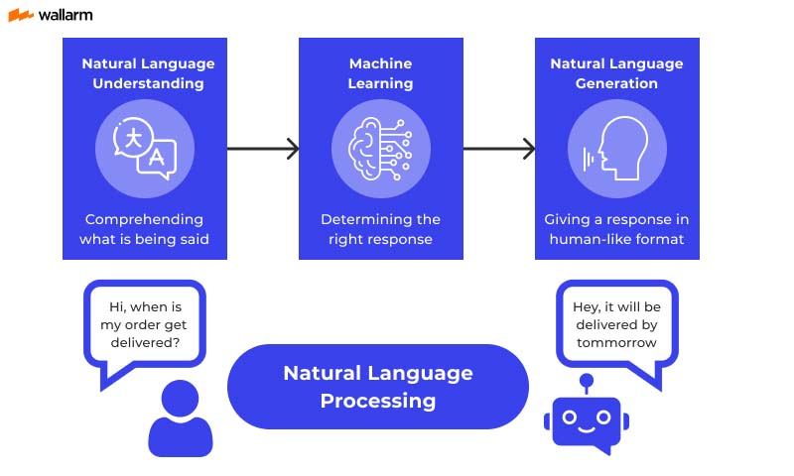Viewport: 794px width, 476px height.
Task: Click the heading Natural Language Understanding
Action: pyautogui.click(x=148, y=73)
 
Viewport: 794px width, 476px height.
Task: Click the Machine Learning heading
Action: pyautogui.click(x=380, y=73)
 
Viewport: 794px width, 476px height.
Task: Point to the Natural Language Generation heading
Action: pyautogui.click(x=616, y=73)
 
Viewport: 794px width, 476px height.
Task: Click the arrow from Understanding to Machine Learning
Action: pyautogui.click(x=263, y=149)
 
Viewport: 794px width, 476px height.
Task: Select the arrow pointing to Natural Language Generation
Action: pyautogui.click(x=499, y=149)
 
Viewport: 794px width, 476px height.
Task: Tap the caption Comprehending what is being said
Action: pyautogui.click(x=144, y=229)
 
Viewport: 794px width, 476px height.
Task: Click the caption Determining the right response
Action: pyautogui.click(x=380, y=229)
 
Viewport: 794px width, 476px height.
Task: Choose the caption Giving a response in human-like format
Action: pyautogui.click(x=616, y=229)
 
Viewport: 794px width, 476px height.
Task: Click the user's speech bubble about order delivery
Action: pyautogui.click(x=144, y=321)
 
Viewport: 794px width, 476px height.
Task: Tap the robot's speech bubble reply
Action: pyautogui.click(x=616, y=321)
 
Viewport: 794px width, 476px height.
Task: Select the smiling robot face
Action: pyautogui.click(x=586, y=420)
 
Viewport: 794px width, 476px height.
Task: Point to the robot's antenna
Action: pyautogui.click(x=586, y=383)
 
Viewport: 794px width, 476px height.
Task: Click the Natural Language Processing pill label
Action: pyautogui.click(x=378, y=387)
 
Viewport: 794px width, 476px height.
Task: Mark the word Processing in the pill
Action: pyautogui.click(x=378, y=401)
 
